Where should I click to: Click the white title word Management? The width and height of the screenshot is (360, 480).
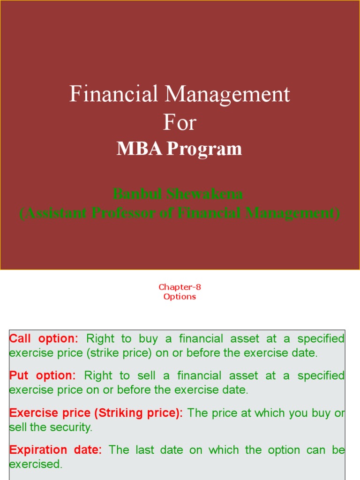point(227,95)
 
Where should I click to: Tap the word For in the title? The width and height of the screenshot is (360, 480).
point(180,123)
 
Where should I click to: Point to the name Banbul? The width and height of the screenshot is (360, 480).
point(138,194)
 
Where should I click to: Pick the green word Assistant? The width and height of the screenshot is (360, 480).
point(56,213)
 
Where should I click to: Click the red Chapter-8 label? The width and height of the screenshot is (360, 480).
point(180,287)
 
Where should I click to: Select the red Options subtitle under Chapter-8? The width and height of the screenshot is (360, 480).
point(180,297)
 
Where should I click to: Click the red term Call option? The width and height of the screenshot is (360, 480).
point(44,339)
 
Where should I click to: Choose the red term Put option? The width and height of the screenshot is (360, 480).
point(42,376)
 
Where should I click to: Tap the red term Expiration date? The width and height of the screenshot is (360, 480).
point(55,450)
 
